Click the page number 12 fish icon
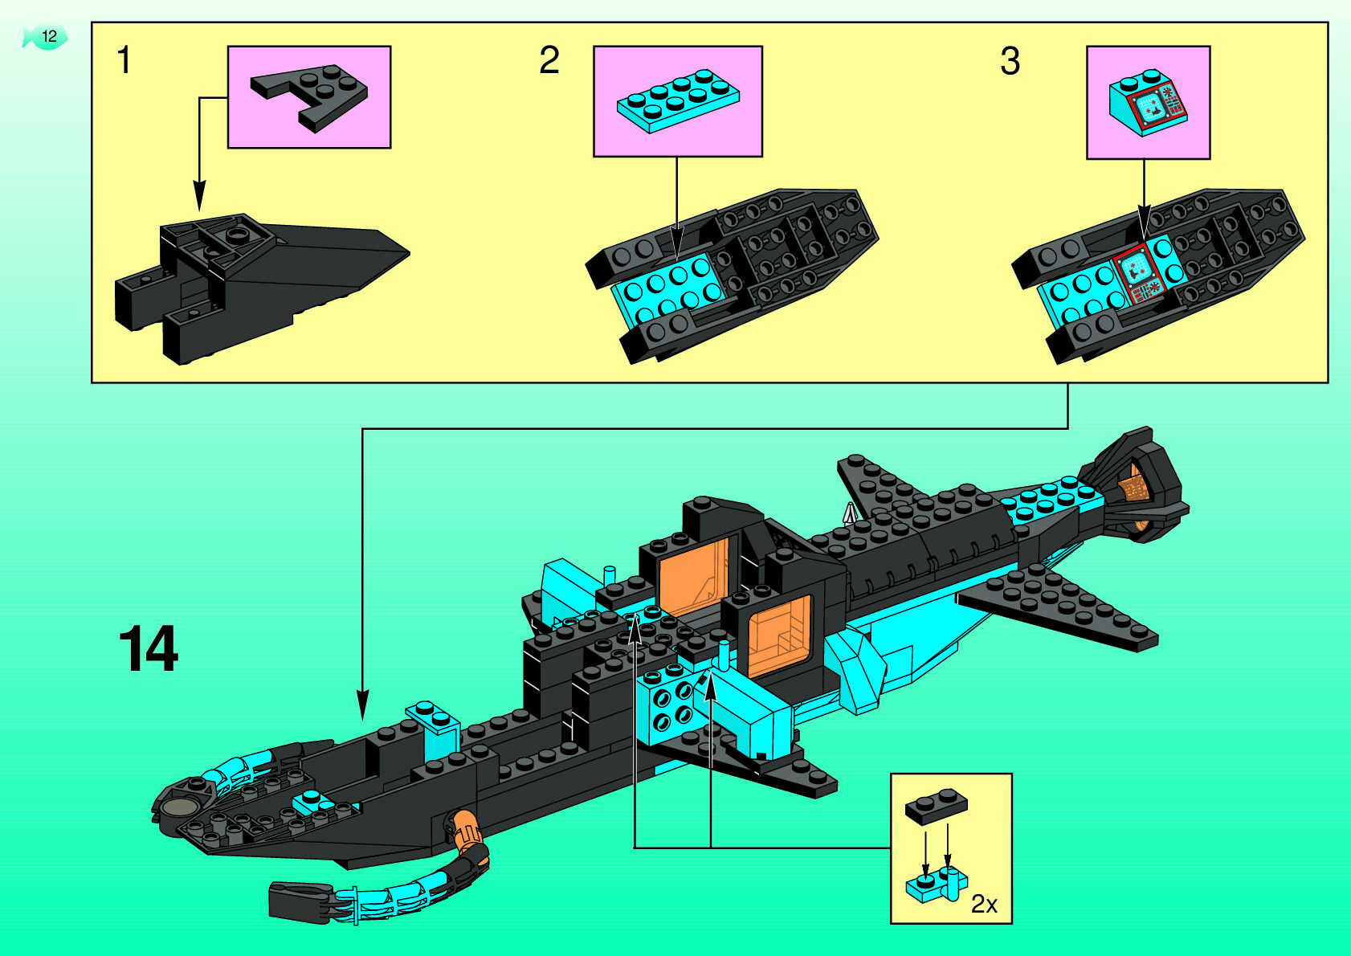tap(45, 37)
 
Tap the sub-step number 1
tap(124, 61)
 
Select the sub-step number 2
tap(549, 61)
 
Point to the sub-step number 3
tap(1010, 61)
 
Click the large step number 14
tap(149, 649)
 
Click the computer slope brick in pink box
tap(1147, 102)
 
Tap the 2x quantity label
tap(984, 905)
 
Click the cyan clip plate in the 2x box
tap(936, 886)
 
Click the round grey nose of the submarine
tap(179, 808)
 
